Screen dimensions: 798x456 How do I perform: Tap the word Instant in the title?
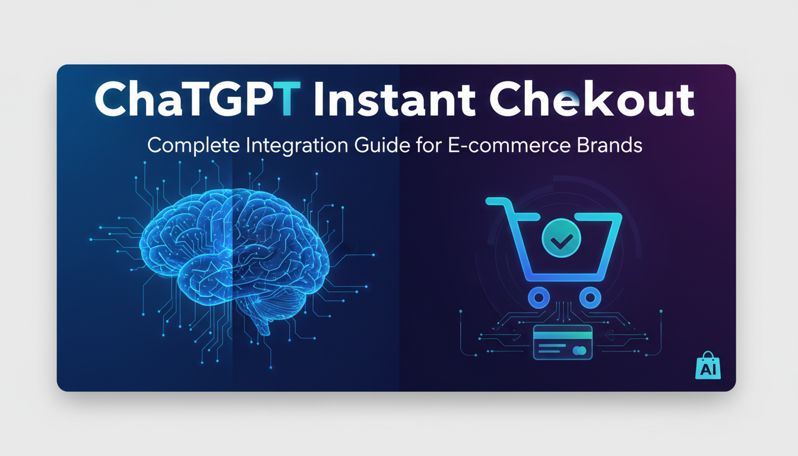point(394,99)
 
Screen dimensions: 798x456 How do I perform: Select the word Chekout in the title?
point(592,99)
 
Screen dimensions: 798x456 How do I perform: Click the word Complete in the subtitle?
point(194,146)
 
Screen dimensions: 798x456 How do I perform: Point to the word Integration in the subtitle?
point(297,146)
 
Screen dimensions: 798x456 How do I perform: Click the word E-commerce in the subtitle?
point(509,145)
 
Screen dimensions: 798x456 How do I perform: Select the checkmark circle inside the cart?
point(561,238)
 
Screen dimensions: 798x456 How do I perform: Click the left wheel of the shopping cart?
point(539,297)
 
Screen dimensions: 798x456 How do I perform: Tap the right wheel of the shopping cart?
point(590,297)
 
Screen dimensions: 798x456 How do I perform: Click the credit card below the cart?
point(563,343)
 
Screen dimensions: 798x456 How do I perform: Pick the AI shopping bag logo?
point(708,366)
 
